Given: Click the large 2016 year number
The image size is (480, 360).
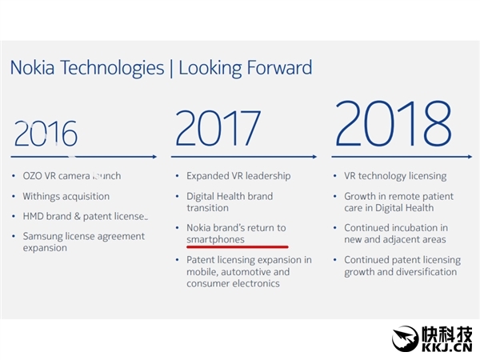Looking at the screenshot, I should [x=46, y=134].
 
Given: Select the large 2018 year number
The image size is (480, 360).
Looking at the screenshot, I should [x=392, y=125].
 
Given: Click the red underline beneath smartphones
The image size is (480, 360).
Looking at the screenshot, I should [x=237, y=247].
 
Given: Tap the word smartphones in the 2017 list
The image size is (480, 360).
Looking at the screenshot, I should [x=215, y=239].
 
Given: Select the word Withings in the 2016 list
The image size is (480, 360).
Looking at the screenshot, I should [x=45, y=196].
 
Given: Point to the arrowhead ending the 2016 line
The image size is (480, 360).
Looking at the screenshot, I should [x=154, y=157].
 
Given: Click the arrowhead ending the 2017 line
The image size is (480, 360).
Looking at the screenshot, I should [x=314, y=157].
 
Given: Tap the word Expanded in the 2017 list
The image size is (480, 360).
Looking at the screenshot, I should [x=208, y=176].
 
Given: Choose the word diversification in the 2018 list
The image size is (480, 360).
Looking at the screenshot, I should [x=419, y=272].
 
